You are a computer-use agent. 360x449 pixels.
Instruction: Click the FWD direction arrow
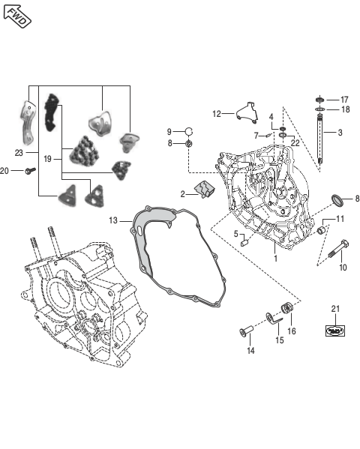point(17,16)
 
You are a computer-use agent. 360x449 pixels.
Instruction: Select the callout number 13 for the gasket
point(113,220)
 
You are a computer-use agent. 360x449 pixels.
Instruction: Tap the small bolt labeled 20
point(30,171)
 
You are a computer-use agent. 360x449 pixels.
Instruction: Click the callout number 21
point(335,309)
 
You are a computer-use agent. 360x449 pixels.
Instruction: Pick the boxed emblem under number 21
point(335,331)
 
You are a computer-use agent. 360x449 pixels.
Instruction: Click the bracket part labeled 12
point(247,112)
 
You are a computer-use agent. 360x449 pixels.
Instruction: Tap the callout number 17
point(344,100)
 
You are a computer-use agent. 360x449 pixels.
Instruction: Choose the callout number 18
point(346,109)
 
